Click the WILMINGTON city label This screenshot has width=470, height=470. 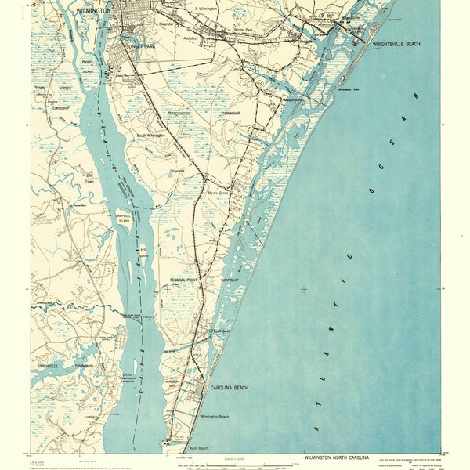pyautogui.click(x=93, y=11)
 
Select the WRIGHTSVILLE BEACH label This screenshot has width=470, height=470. pyautogui.click(x=396, y=45)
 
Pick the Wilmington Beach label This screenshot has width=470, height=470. pyautogui.click(x=214, y=417)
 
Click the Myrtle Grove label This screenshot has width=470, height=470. pyautogui.click(x=218, y=193)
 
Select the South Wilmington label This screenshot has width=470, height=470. pyautogui.click(x=150, y=136)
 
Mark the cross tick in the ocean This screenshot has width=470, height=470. pyautogui.click(x=303, y=289)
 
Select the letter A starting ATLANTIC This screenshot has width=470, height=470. pyautogui.click(x=317, y=429)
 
